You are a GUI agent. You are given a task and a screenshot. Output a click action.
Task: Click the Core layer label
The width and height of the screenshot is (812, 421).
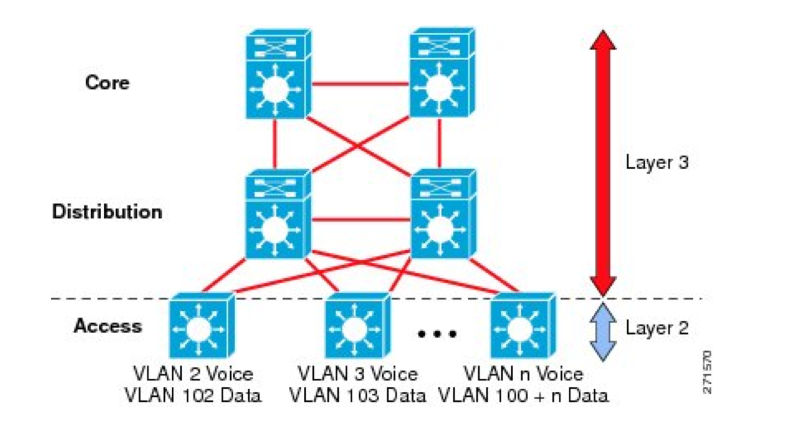coord(107,82)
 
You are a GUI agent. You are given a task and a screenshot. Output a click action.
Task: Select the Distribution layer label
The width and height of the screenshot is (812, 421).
coord(107,212)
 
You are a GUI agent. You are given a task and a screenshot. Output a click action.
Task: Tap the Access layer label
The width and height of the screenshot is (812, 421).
coord(108,326)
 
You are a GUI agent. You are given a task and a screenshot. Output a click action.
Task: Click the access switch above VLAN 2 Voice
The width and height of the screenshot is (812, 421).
coord(201,326)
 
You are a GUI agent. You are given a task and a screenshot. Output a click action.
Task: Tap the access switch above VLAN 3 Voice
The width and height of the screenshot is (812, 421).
coord(357,326)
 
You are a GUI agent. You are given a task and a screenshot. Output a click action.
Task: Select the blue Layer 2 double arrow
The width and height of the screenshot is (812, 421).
coord(603,331)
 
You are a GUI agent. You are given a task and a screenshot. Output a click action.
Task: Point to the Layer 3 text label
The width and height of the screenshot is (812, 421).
coord(657,162)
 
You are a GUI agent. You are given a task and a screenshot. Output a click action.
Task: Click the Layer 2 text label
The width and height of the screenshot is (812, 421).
coord(657,328)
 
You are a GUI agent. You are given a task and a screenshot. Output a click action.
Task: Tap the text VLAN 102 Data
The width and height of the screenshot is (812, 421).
coord(193,396)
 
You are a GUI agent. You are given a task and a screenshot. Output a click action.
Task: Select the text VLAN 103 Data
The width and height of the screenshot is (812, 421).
coord(357,396)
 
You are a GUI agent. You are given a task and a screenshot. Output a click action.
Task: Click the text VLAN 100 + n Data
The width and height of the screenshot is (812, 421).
coord(524,396)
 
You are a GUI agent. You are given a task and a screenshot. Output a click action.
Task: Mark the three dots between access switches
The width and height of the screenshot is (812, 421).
coord(437,334)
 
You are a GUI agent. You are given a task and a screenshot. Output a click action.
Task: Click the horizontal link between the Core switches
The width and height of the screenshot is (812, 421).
coord(360,84)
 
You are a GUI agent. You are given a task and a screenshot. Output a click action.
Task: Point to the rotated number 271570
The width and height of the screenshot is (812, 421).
coord(707,372)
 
